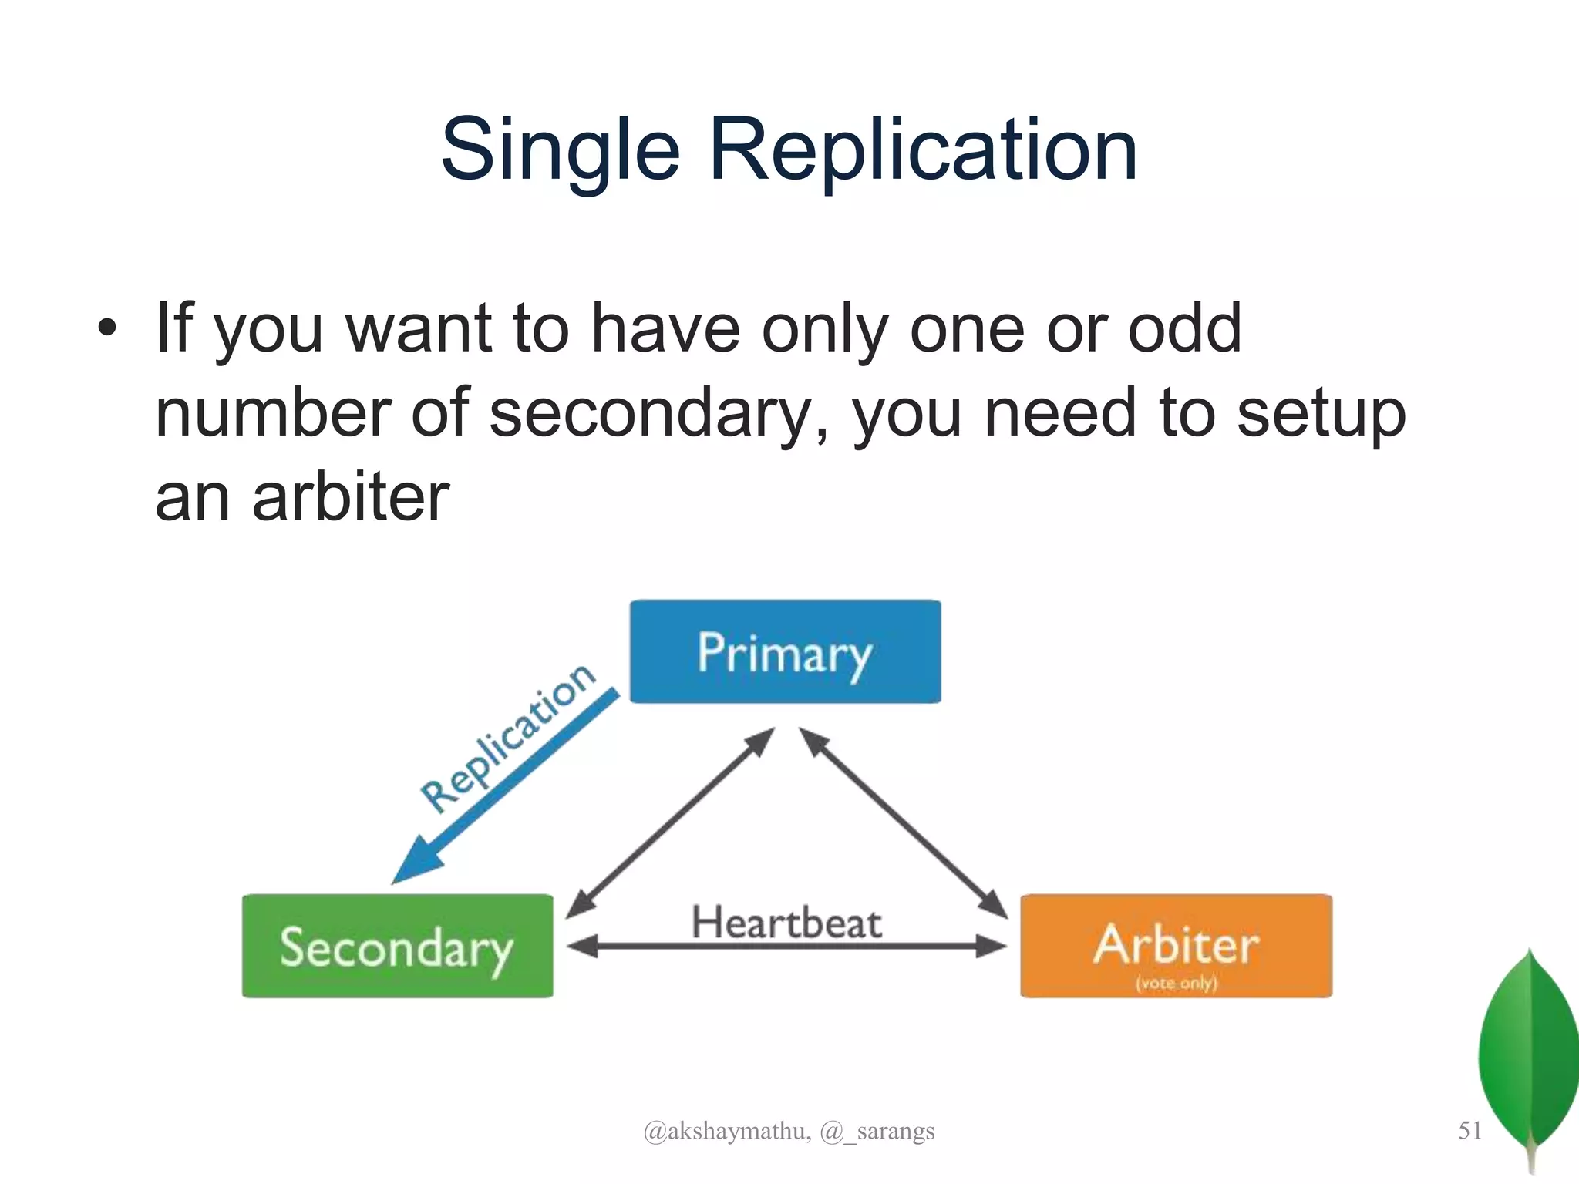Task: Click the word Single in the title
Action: pos(560,150)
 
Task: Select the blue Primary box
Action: pos(785,652)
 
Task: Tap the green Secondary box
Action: pos(397,947)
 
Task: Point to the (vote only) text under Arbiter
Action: pos(1176,983)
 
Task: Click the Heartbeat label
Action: pos(786,923)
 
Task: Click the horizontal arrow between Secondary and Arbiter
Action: pos(786,947)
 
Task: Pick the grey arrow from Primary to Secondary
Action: pos(669,823)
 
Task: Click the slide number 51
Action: pos(1470,1130)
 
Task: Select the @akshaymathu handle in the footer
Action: pos(726,1131)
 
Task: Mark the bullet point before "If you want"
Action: pos(107,329)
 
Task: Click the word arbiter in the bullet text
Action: pos(350,496)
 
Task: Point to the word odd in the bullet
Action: pos(1185,328)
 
